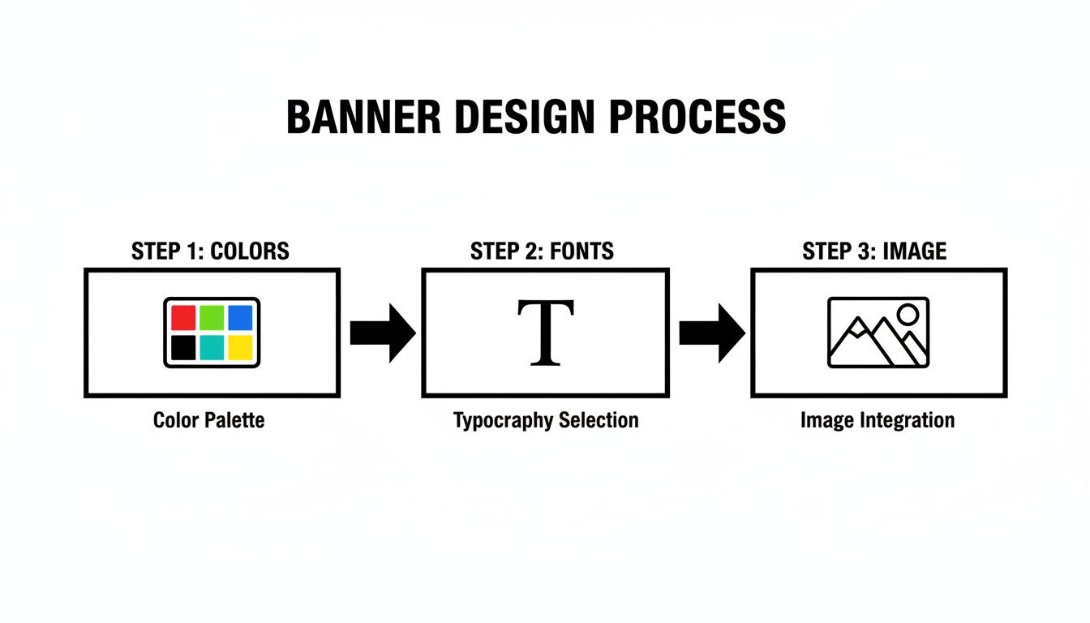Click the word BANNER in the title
tap(363, 118)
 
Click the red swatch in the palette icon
tap(184, 317)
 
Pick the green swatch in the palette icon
tap(212, 317)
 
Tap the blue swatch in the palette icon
tap(240, 317)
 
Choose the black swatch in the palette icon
tap(184, 348)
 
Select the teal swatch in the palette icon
tap(212, 348)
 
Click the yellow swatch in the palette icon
tap(240, 348)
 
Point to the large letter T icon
tap(545, 333)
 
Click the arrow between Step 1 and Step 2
tap(382, 333)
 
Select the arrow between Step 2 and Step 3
tap(711, 333)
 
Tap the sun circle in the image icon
tap(908, 314)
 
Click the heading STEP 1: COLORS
tap(210, 251)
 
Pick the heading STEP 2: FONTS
tap(542, 251)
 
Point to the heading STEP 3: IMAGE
tap(874, 251)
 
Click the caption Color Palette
tap(208, 421)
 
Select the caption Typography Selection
tap(546, 421)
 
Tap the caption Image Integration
tap(877, 421)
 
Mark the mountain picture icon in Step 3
tap(878, 333)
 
